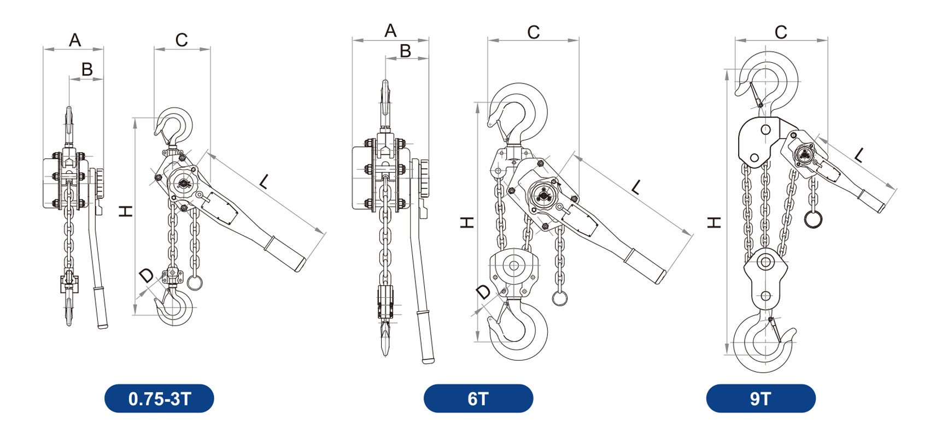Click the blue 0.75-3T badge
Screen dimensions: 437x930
(x=159, y=398)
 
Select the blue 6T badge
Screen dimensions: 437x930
(x=478, y=398)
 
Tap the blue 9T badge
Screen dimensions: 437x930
(x=761, y=398)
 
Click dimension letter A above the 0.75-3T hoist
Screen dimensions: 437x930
(x=75, y=40)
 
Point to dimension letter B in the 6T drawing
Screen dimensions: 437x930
(x=405, y=51)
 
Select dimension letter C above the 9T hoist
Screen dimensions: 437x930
(x=781, y=32)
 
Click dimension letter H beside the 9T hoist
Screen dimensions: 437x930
(x=714, y=222)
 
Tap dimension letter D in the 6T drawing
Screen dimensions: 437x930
(x=484, y=292)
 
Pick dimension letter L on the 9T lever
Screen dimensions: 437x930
(x=859, y=156)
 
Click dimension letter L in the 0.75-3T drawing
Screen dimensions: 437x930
(x=264, y=181)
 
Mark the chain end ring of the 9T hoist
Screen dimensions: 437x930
(x=813, y=220)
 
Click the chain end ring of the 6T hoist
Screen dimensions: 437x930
(x=559, y=298)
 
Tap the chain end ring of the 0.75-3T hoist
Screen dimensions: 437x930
(x=195, y=282)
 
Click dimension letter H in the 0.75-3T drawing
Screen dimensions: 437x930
(x=126, y=211)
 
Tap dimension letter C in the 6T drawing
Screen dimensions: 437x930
(x=533, y=32)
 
